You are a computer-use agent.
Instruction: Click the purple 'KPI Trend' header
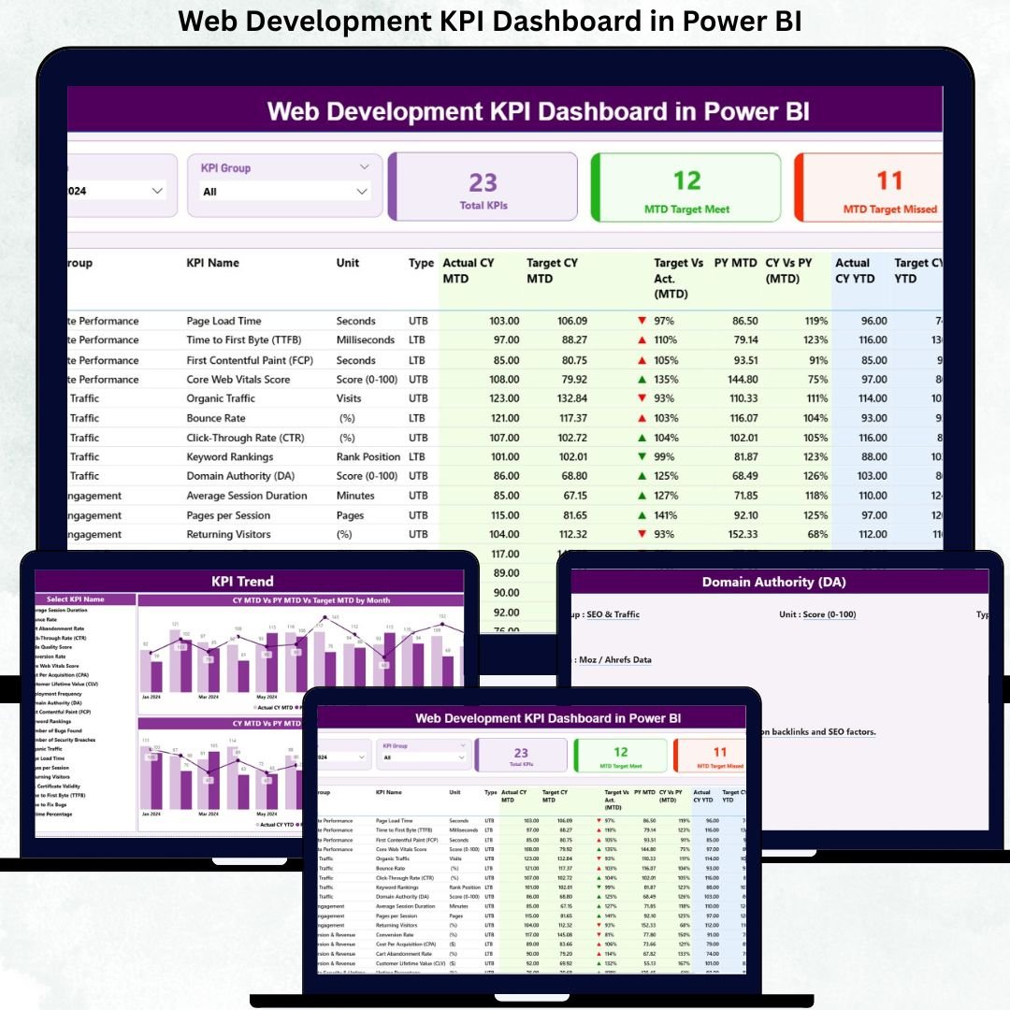point(242,581)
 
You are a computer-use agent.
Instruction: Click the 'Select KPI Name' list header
point(76,599)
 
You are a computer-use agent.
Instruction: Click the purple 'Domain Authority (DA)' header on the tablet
point(773,582)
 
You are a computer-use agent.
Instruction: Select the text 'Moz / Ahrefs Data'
point(614,659)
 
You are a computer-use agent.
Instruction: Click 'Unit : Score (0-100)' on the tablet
point(816,614)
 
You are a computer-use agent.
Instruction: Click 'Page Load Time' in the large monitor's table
point(224,321)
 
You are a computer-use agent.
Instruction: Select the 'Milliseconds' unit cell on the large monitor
point(366,340)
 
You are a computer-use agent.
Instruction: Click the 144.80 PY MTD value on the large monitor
point(736,380)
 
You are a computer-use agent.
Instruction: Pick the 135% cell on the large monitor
point(665,380)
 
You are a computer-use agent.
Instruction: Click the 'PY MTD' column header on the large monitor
point(735,264)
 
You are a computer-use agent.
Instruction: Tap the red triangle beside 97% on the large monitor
point(642,321)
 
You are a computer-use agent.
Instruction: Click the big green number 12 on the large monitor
point(686,180)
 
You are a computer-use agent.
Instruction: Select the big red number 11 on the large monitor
point(889,180)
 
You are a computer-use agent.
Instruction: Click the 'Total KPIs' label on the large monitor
point(483,205)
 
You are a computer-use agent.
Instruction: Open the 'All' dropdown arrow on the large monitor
point(362,192)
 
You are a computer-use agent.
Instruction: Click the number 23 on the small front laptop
point(521,753)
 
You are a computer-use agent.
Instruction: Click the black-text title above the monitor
point(490,21)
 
